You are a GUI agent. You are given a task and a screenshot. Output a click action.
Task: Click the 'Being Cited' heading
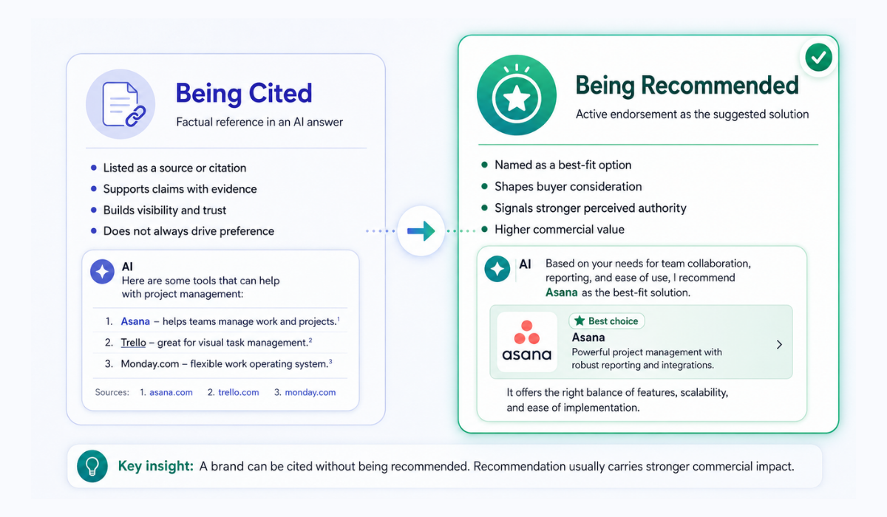[x=244, y=94]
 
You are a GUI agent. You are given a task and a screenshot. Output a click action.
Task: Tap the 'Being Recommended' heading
[x=687, y=86]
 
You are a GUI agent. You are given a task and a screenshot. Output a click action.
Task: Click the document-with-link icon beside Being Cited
[x=120, y=104]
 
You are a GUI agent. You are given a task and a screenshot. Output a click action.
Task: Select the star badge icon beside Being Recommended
[x=517, y=95]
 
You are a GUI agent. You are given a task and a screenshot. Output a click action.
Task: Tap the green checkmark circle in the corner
[x=818, y=58]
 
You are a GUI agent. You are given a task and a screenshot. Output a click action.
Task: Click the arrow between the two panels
[x=421, y=230]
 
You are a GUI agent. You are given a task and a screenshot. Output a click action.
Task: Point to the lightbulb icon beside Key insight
[x=92, y=466]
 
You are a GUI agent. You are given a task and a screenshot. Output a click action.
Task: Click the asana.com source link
[x=171, y=392]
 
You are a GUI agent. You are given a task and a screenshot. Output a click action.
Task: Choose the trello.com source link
[x=238, y=392]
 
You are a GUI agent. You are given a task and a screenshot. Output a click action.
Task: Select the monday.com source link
[x=310, y=392]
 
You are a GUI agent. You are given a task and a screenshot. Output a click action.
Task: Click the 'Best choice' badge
[x=607, y=321]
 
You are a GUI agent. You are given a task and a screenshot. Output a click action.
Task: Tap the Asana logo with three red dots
[x=526, y=342]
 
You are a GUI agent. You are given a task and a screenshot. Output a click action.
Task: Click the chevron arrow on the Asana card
[x=779, y=344]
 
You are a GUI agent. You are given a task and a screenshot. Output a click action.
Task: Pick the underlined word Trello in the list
[x=134, y=343]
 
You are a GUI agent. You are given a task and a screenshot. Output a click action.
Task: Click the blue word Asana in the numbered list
[x=135, y=321]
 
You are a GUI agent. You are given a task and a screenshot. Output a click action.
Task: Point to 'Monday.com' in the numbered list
[x=149, y=364]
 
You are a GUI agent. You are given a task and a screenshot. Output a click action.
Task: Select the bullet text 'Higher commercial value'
[x=559, y=230]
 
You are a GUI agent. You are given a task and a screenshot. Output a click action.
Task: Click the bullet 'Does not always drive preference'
[x=188, y=231]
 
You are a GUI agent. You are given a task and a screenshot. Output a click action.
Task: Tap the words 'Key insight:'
[x=156, y=466]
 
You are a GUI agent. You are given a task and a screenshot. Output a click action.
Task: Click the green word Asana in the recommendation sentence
[x=562, y=292]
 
